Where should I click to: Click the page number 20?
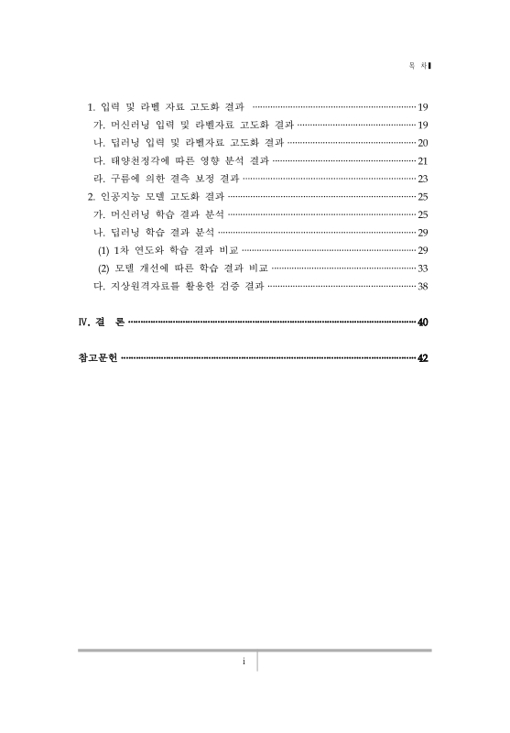423,143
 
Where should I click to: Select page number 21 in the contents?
423,160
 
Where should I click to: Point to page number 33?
423,268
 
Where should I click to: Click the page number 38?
423,286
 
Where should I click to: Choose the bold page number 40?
422,323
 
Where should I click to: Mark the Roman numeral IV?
83,323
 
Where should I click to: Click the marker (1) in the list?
103,250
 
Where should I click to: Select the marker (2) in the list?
103,268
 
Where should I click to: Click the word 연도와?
149,250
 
